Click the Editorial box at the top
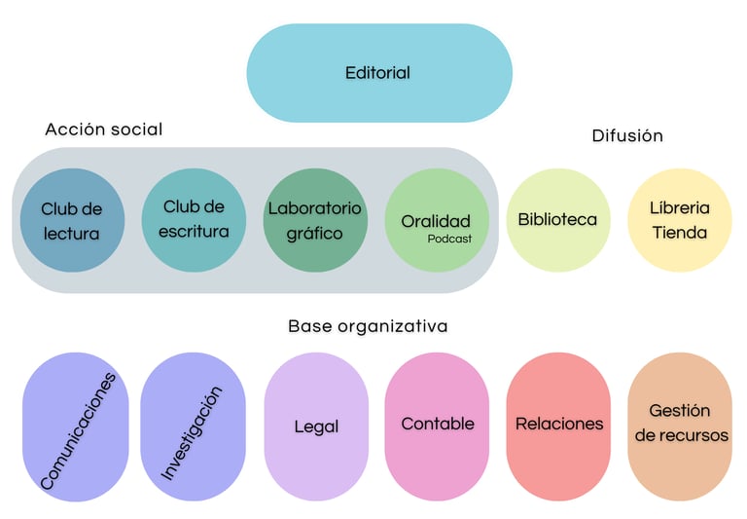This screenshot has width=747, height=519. point(378,73)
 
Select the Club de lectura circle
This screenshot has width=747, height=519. point(72,220)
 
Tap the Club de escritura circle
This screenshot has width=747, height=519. point(195,220)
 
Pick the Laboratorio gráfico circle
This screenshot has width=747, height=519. point(315,220)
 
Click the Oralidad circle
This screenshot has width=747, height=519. point(437,220)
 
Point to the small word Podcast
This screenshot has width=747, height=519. point(449,239)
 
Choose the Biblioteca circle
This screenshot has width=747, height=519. point(557,220)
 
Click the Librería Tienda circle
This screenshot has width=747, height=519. point(679,220)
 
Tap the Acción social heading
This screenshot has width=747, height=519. point(104,130)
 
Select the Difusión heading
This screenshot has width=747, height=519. point(627,136)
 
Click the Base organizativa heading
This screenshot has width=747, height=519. point(368,326)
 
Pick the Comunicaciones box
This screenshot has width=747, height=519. point(76,427)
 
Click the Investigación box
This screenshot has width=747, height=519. point(193,427)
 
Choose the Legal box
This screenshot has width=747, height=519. point(316,427)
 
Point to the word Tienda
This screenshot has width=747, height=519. point(679,234)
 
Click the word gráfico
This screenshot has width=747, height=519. point(314,234)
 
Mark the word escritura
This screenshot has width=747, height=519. point(195,232)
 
